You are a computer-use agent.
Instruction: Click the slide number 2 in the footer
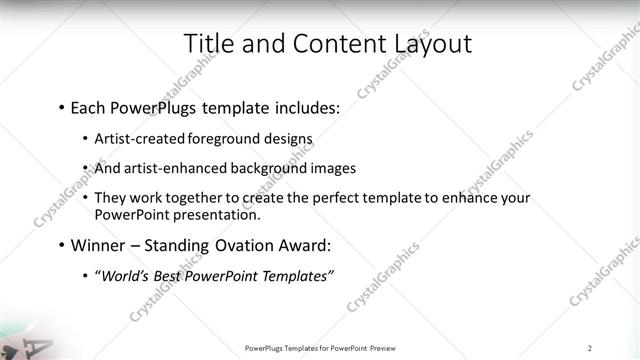tap(590, 347)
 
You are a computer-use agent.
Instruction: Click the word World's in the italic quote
tap(127, 276)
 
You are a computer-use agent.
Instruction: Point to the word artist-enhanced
tap(169, 168)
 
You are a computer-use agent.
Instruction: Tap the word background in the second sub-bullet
tap(265, 168)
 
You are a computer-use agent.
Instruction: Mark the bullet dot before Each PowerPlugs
tap(61, 106)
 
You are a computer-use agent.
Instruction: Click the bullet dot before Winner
tap(61, 245)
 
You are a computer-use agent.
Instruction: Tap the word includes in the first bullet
tap(306, 105)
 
